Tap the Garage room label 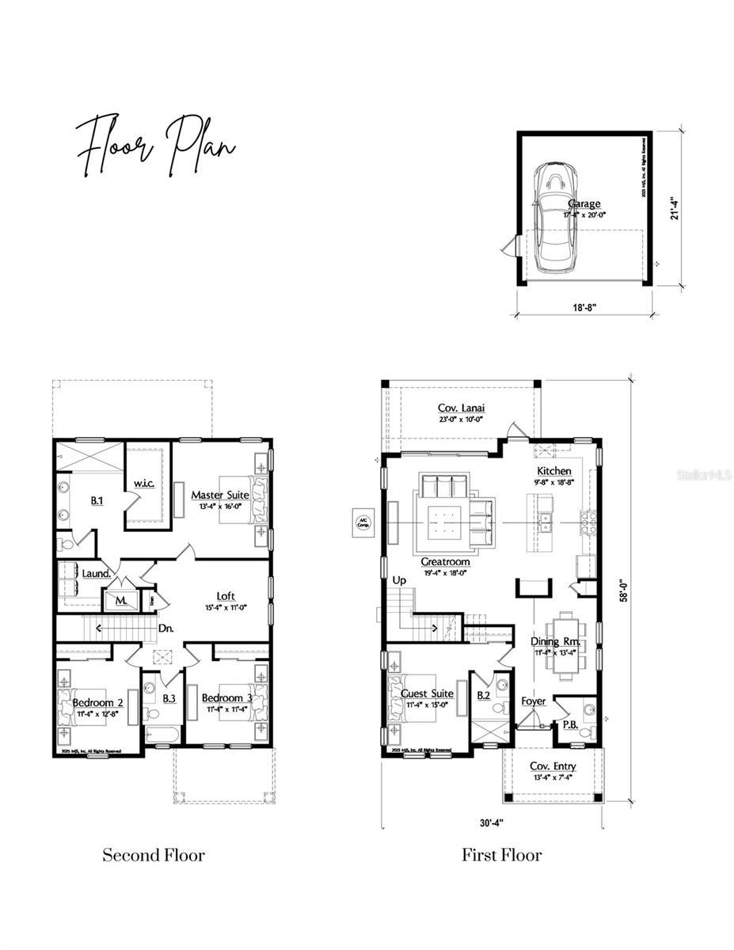[583, 203]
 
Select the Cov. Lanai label [461, 408]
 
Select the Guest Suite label [427, 693]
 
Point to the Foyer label [533, 701]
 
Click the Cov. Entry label [553, 766]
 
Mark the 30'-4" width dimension [491, 823]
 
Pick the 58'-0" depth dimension [626, 590]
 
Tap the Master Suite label [220, 496]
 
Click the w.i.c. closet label [144, 482]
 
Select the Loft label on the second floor [226, 596]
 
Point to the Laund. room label [95, 572]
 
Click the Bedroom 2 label [98, 702]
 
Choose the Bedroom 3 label [227, 697]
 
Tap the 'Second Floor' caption [154, 855]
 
